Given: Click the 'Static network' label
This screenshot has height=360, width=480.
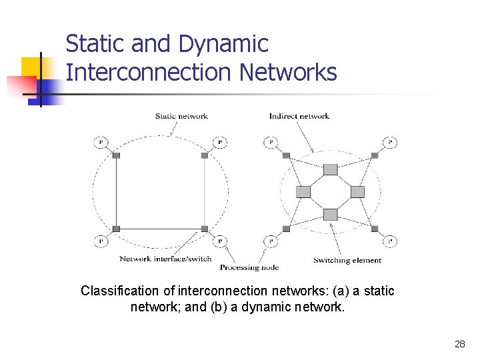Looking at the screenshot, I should [x=181, y=116].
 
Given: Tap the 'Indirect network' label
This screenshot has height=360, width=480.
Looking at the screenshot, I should [x=299, y=116].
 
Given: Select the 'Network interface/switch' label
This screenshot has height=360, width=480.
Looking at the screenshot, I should [x=165, y=259].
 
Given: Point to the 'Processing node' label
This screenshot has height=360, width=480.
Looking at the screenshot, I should [x=249, y=267].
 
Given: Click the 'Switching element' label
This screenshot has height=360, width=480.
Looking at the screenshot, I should [x=347, y=260].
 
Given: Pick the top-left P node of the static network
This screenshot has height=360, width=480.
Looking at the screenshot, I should [x=101, y=142].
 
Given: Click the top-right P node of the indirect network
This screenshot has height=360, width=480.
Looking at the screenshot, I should [x=391, y=142].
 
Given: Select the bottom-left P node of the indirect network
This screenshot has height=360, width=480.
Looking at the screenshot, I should [x=271, y=241].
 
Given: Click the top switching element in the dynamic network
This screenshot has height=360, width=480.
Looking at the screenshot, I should [x=331, y=169].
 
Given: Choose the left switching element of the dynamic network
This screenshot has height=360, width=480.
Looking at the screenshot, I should [x=303, y=192].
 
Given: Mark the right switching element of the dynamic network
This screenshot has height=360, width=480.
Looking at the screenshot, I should [x=358, y=192].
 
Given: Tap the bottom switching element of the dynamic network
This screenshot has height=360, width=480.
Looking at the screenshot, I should [x=331, y=214].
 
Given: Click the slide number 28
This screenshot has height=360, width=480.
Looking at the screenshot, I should [x=459, y=344].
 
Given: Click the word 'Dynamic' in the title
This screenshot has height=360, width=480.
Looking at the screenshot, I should [x=223, y=44].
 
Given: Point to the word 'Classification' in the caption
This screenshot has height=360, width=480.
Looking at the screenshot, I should [x=119, y=291].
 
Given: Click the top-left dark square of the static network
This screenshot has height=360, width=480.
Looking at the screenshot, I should [x=116, y=155].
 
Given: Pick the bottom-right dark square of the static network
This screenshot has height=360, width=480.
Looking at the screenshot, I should [x=205, y=229].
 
